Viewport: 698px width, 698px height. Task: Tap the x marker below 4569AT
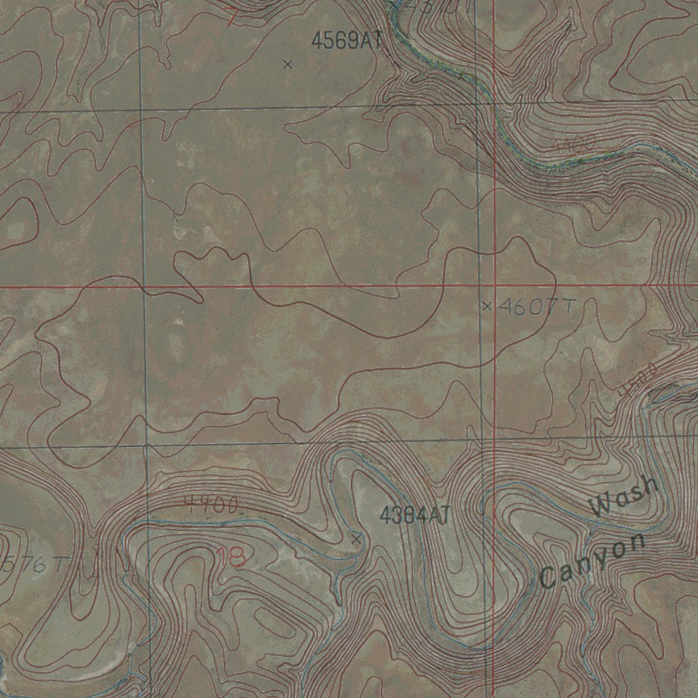click(288, 65)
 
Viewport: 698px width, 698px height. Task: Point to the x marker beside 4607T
click(487, 306)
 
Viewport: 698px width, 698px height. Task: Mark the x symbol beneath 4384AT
click(356, 539)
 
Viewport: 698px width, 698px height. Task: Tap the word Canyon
click(592, 562)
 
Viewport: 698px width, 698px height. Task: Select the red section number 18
click(231, 558)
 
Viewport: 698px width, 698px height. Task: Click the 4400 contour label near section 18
click(212, 505)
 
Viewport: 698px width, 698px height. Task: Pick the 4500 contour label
click(639, 380)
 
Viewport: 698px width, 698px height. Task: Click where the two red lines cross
click(494, 286)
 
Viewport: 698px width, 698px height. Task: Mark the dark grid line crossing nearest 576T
click(147, 446)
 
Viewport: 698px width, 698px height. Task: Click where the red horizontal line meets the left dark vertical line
click(144, 286)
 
